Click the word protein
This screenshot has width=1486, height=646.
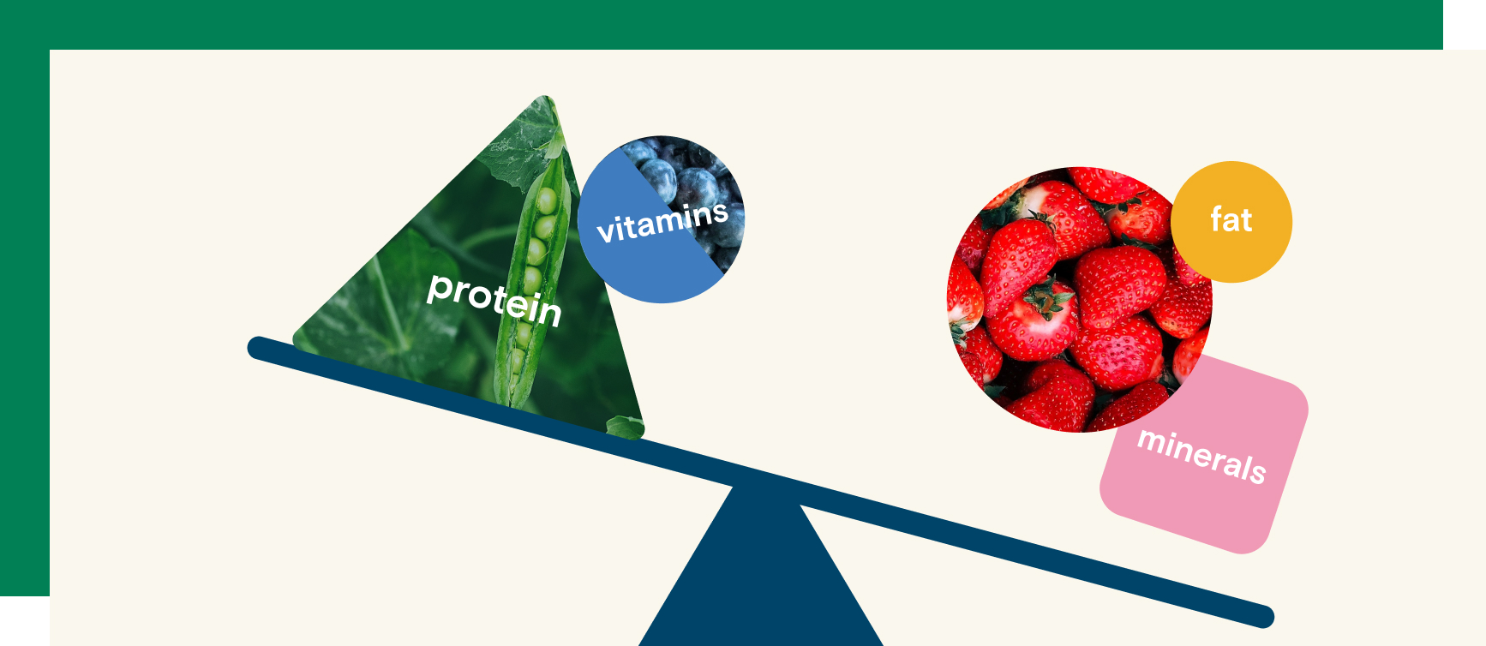coord(494,299)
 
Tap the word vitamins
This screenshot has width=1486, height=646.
coord(662,223)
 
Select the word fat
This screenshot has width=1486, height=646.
coord(1231,220)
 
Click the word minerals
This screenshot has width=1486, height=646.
coord(1201,455)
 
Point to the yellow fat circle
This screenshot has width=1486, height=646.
coord(1231,222)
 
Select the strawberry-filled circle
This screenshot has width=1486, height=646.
coord(1079,300)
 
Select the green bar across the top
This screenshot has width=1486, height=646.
coord(722,24)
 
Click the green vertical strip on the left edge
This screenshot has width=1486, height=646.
coord(24,322)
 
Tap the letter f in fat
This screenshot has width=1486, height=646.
coord(1216,219)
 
